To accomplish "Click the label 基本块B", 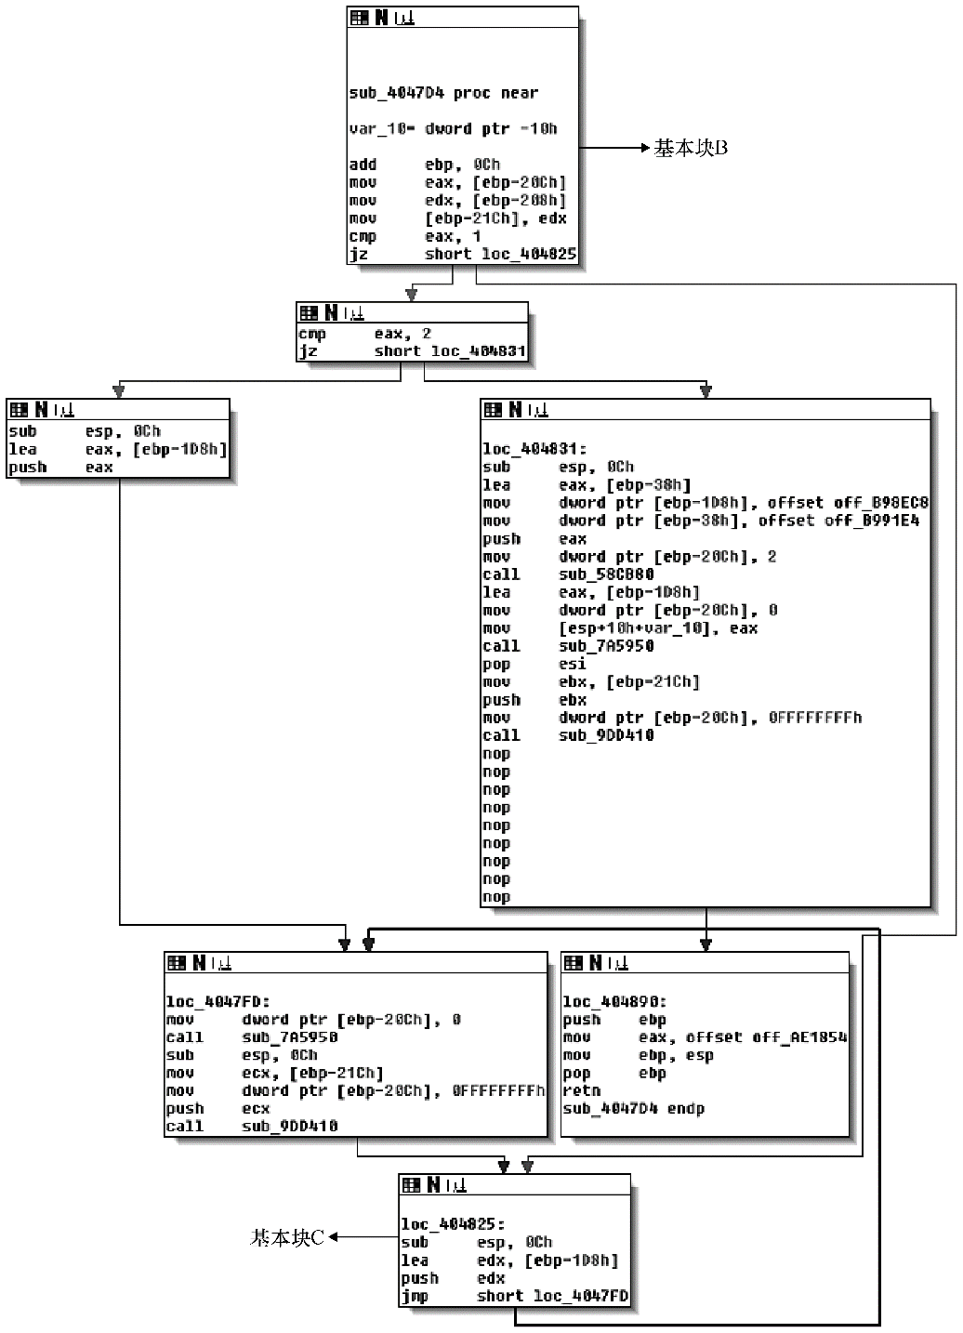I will pyautogui.click(x=691, y=148).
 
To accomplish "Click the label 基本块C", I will pyautogui.click(x=287, y=1237).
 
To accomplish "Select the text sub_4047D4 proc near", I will pyautogui.click(x=443, y=93).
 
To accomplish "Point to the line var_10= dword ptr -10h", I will pyautogui.click(x=453, y=129).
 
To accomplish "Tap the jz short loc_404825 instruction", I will pyautogui.click(x=462, y=254).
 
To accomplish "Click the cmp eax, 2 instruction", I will pyautogui.click(x=364, y=334).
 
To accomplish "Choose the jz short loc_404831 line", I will pyautogui.click(x=411, y=351).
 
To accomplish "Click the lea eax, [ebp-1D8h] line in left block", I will pyautogui.click(x=117, y=450).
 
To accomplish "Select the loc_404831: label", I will pyautogui.click(x=534, y=449).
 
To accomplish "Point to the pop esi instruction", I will pyautogui.click(x=534, y=664).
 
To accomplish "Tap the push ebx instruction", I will pyautogui.click(x=534, y=700).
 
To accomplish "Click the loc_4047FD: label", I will pyautogui.click(x=218, y=1002).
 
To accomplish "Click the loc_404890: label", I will pyautogui.click(x=614, y=1002).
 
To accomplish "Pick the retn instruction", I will pyautogui.click(x=582, y=1091).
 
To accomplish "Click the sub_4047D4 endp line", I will pyautogui.click(x=633, y=1109).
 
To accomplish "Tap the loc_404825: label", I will pyautogui.click(x=453, y=1225).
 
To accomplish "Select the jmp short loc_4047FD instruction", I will pyautogui.click(x=514, y=1296).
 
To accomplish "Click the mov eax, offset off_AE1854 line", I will pyautogui.click(x=704, y=1037).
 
